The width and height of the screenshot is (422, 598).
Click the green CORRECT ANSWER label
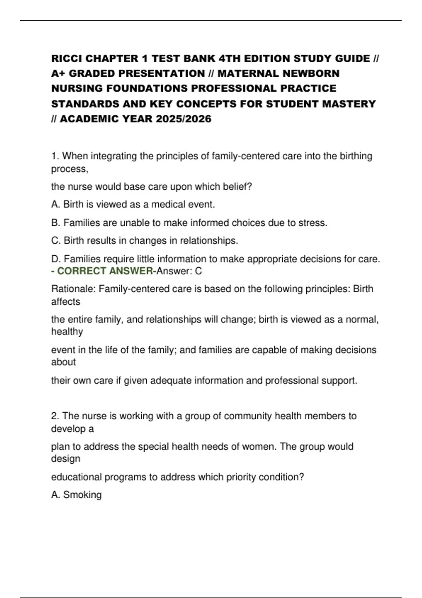tap(105, 271)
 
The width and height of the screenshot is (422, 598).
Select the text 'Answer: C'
tap(179, 271)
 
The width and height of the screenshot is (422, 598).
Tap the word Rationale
tap(73, 289)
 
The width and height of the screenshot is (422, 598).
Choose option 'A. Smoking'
tap(76, 495)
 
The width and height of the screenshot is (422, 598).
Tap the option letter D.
tap(56, 259)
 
